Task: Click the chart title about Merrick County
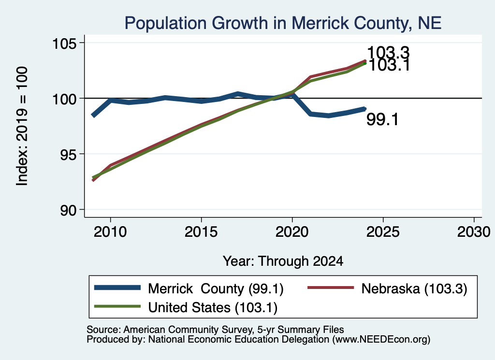(283, 23)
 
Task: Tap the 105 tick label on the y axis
(64, 43)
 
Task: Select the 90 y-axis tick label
(69, 210)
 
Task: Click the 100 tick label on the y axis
(64, 99)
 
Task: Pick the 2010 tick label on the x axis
(110, 232)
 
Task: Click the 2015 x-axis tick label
(201, 232)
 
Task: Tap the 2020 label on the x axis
(292, 232)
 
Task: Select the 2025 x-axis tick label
(383, 232)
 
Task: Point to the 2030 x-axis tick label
(474, 232)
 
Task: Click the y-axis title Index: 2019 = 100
(22, 126)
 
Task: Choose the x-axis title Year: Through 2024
(283, 261)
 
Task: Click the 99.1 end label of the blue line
(383, 120)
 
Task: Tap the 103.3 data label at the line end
(388, 52)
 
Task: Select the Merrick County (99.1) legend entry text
(216, 288)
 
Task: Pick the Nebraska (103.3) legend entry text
(414, 288)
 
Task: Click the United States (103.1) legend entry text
(213, 308)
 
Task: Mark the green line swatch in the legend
(117, 306)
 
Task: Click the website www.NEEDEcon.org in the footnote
(381, 339)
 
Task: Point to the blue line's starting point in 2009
(93, 115)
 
